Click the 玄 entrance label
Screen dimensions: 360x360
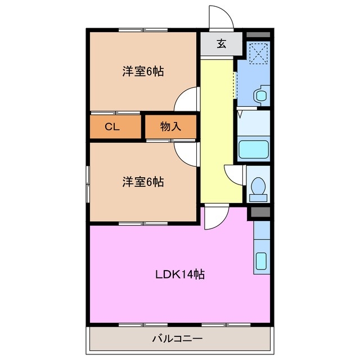[x=222, y=44]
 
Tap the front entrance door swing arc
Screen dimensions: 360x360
[x=221, y=17]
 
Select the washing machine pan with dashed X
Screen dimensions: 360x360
[x=258, y=55]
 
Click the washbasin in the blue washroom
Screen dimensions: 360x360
[x=261, y=96]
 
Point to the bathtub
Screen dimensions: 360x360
[x=254, y=150]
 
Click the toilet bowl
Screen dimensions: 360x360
[x=258, y=187]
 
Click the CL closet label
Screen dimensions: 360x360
[x=112, y=127]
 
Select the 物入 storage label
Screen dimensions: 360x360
[x=170, y=127]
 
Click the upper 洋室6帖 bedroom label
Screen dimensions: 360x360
[x=143, y=72]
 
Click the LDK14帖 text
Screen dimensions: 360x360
[x=179, y=275]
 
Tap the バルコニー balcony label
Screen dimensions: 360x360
[x=177, y=339]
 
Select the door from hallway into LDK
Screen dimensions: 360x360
[x=215, y=217]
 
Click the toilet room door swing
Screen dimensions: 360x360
[x=233, y=174]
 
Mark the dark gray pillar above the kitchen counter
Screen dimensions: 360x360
[x=259, y=213]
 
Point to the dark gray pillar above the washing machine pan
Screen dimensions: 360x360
[x=258, y=34]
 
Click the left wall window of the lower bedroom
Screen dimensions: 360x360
[x=87, y=183]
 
